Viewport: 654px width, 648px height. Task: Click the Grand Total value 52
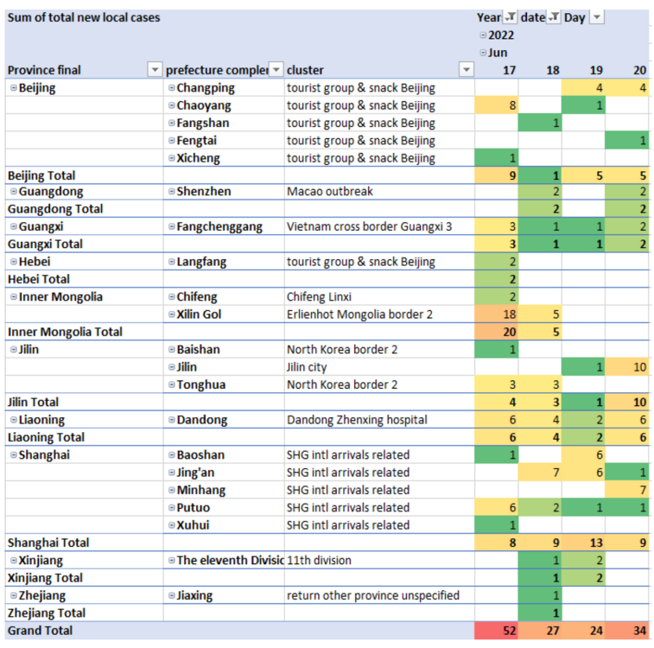tap(509, 631)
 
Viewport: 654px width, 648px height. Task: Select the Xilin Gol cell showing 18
tap(509, 314)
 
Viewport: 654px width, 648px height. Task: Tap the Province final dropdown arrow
tap(155, 70)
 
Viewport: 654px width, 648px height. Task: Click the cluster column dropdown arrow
tap(466, 70)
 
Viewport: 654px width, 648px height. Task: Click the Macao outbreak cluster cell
tap(330, 192)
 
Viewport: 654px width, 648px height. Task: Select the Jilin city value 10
tap(638, 367)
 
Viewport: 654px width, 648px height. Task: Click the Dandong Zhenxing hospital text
tap(357, 420)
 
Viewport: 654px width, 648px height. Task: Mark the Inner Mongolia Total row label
tap(65, 332)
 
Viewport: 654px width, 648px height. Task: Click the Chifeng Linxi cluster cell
tap(319, 297)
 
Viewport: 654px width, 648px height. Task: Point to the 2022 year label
tap(499, 35)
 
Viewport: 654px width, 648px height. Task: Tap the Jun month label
tap(498, 53)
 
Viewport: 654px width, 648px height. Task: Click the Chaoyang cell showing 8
tap(512, 105)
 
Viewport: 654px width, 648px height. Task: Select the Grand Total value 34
tap(638, 631)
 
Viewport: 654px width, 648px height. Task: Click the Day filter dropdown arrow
tap(596, 17)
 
